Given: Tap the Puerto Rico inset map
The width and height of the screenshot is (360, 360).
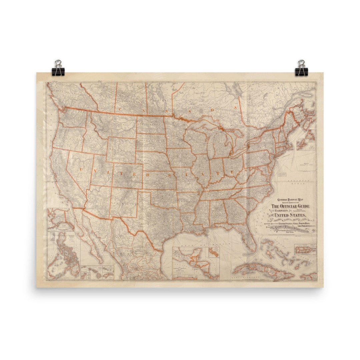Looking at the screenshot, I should [x=305, y=248].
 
